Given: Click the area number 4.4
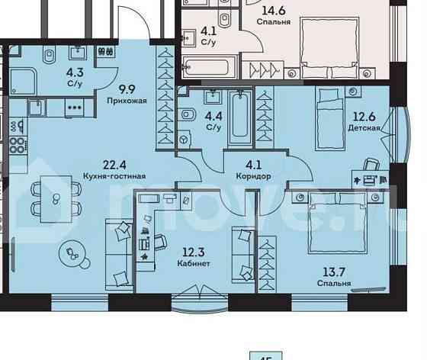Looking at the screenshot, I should click(x=213, y=116).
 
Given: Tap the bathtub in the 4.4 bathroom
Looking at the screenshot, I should click(x=239, y=115).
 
